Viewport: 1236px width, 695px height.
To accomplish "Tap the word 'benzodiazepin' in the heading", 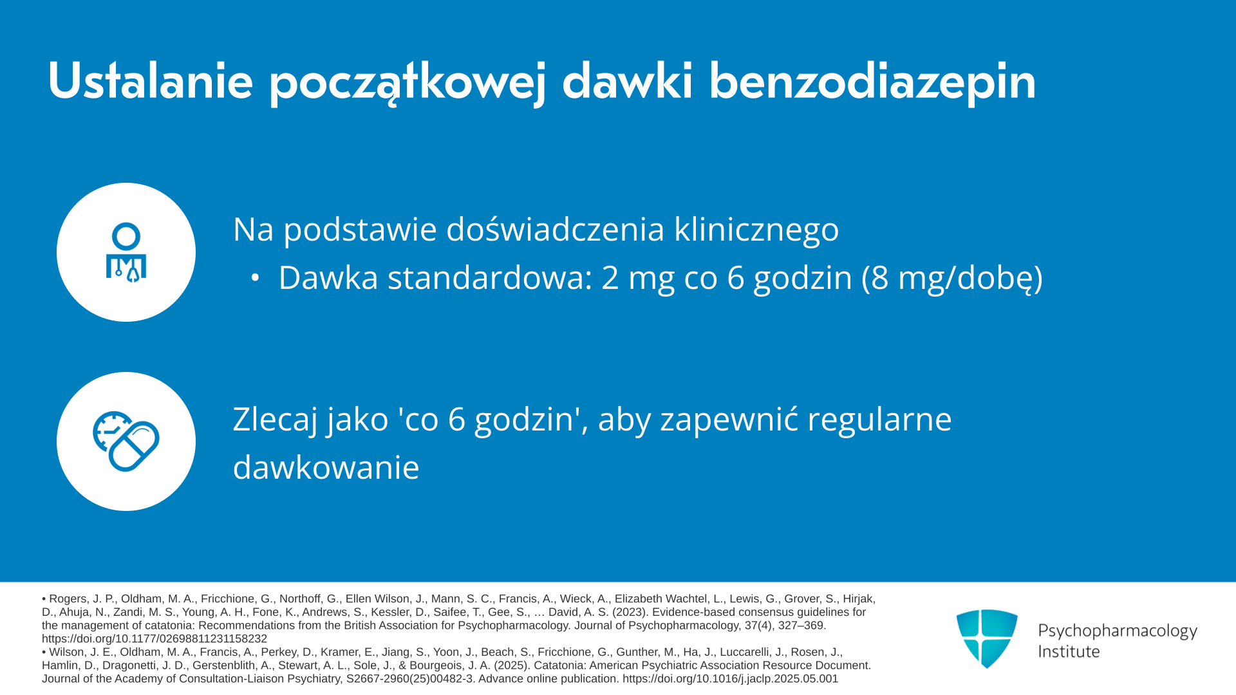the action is pos(872,82).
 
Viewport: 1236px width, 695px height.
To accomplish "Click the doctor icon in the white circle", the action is pos(126,253).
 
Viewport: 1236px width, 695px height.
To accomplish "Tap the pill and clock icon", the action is pos(126,441).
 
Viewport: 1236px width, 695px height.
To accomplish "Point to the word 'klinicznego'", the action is pos(756,230).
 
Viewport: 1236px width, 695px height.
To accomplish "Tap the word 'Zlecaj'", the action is pos(275,420).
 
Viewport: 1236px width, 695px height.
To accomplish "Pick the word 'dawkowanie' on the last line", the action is pos(326,468).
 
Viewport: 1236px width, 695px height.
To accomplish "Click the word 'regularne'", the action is pos(879,420).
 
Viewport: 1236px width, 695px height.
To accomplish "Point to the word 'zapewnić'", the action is pos(729,420).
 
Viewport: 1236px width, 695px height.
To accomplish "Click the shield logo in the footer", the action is pos(987,638).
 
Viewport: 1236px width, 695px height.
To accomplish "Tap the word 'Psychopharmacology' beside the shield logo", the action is pos(1118,631).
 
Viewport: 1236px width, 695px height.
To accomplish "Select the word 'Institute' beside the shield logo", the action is pos(1069,651).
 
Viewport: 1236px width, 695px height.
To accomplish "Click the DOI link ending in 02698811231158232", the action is pos(154,639).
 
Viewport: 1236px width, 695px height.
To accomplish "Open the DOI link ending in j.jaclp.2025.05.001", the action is pos(730,679).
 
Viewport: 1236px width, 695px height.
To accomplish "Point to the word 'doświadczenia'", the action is pos(555,230).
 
